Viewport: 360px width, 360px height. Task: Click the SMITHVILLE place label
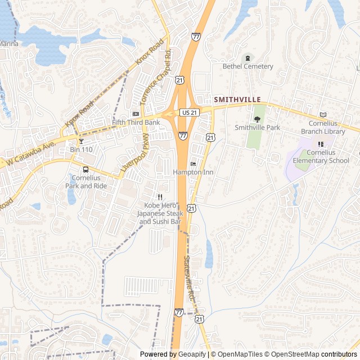pyautogui.click(x=237, y=99)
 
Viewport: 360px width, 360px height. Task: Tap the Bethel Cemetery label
pyautogui.click(x=247, y=66)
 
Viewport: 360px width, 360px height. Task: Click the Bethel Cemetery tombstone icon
pyautogui.click(x=247, y=57)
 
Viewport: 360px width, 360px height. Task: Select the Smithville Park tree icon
pyautogui.click(x=257, y=119)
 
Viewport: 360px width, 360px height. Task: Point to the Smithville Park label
pyautogui.click(x=257, y=128)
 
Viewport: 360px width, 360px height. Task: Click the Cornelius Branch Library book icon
pyautogui.click(x=323, y=115)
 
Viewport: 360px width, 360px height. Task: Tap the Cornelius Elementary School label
pyautogui.click(x=321, y=156)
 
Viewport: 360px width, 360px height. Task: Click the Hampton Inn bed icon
pyautogui.click(x=193, y=164)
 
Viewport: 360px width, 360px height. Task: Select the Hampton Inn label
pyautogui.click(x=193, y=172)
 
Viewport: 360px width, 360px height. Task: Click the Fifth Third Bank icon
pyautogui.click(x=135, y=114)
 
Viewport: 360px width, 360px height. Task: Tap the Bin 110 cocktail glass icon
pyautogui.click(x=81, y=141)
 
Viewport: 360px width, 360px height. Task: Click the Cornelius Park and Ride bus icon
pyautogui.click(x=85, y=169)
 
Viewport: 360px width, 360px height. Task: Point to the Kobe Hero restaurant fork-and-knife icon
pyautogui.click(x=160, y=197)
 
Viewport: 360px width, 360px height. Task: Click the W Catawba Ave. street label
pyautogui.click(x=31, y=154)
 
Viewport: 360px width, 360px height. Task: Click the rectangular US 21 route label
pyautogui.click(x=188, y=112)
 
